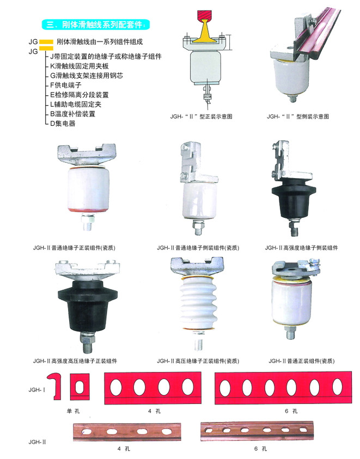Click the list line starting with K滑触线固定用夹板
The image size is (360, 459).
[x=80, y=66]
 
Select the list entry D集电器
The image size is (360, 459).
[x=63, y=124]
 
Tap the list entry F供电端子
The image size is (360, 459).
[x=65, y=85]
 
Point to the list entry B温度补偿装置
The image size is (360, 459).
[x=72, y=114]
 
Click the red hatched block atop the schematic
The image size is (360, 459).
[x=205, y=16]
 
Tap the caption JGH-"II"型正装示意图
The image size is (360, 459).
[x=201, y=117]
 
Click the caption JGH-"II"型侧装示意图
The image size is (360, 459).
[x=297, y=117]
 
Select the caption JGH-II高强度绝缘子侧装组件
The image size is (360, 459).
[x=301, y=248]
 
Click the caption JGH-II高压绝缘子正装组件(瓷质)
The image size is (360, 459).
[x=198, y=361]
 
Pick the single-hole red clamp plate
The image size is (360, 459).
[x=80, y=387]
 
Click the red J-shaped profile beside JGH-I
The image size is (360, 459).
[x=56, y=386]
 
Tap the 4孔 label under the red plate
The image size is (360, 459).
[x=154, y=411]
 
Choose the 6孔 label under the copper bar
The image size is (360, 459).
[x=261, y=449]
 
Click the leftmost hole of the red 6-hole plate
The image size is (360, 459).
[x=225, y=388]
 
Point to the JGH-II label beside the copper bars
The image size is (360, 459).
[x=37, y=442]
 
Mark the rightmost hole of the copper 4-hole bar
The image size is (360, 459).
[x=167, y=431]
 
